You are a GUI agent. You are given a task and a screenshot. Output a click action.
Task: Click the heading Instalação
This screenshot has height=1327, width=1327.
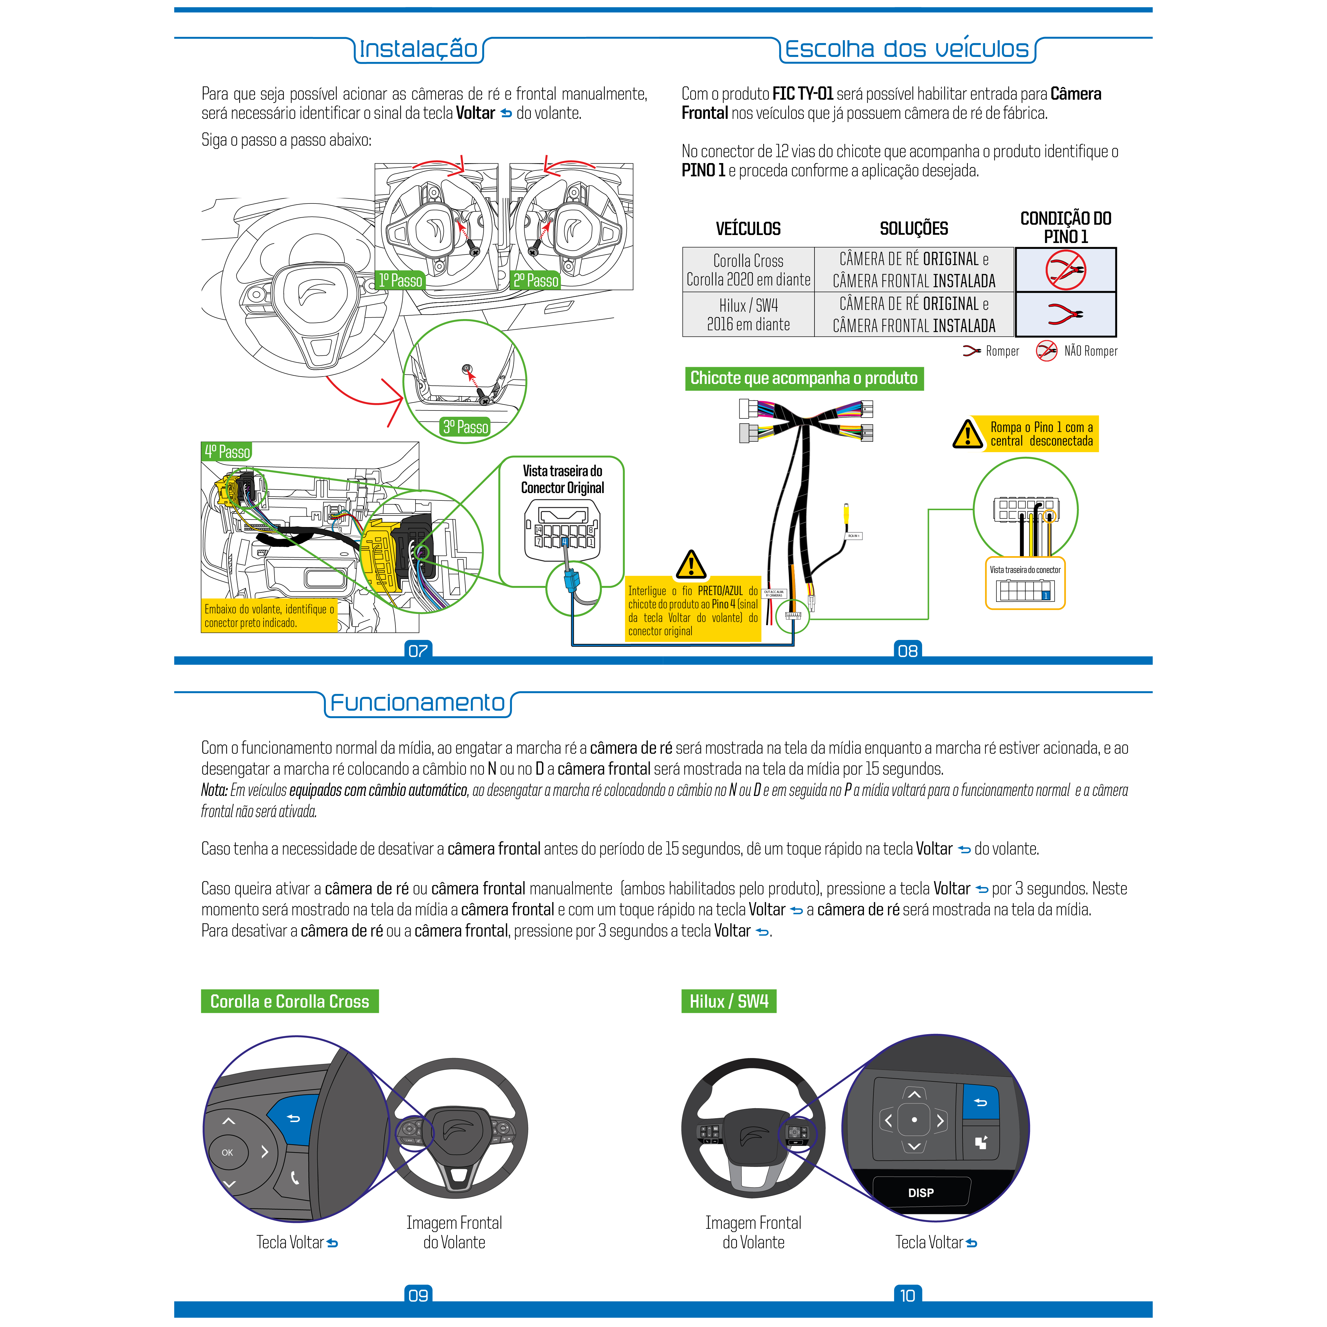click(418, 50)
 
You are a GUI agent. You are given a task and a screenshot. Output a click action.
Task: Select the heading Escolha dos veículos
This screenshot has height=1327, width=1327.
click(907, 50)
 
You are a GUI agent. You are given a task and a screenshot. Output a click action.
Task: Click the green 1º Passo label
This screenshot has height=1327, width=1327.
click(400, 280)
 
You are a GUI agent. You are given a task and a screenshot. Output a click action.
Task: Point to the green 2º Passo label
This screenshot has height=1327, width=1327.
click(536, 280)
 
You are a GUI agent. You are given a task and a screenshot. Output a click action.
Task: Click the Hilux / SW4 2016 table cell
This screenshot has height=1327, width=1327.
click(748, 315)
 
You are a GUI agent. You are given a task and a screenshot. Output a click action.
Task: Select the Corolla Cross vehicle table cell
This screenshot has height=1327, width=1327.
click(748, 270)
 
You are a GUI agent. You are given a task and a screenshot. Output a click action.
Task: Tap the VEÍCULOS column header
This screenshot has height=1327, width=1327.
click(748, 229)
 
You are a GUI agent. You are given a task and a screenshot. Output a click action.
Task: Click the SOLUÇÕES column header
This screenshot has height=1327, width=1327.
click(914, 229)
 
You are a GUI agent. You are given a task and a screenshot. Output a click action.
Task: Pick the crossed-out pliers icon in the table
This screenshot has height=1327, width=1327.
click(1065, 270)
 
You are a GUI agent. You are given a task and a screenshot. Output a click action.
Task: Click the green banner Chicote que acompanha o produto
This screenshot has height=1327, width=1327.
click(804, 378)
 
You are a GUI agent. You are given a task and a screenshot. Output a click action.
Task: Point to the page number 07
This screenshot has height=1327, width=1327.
click(418, 651)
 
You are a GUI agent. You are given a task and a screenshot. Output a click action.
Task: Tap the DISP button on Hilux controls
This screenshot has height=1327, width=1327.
click(920, 1193)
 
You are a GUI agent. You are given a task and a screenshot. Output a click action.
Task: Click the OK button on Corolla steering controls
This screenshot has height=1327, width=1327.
click(227, 1152)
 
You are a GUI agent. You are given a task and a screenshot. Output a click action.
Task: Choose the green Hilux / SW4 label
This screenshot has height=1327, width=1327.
click(729, 1001)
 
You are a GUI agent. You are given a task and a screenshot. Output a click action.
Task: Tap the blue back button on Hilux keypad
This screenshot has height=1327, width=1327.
click(981, 1102)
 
